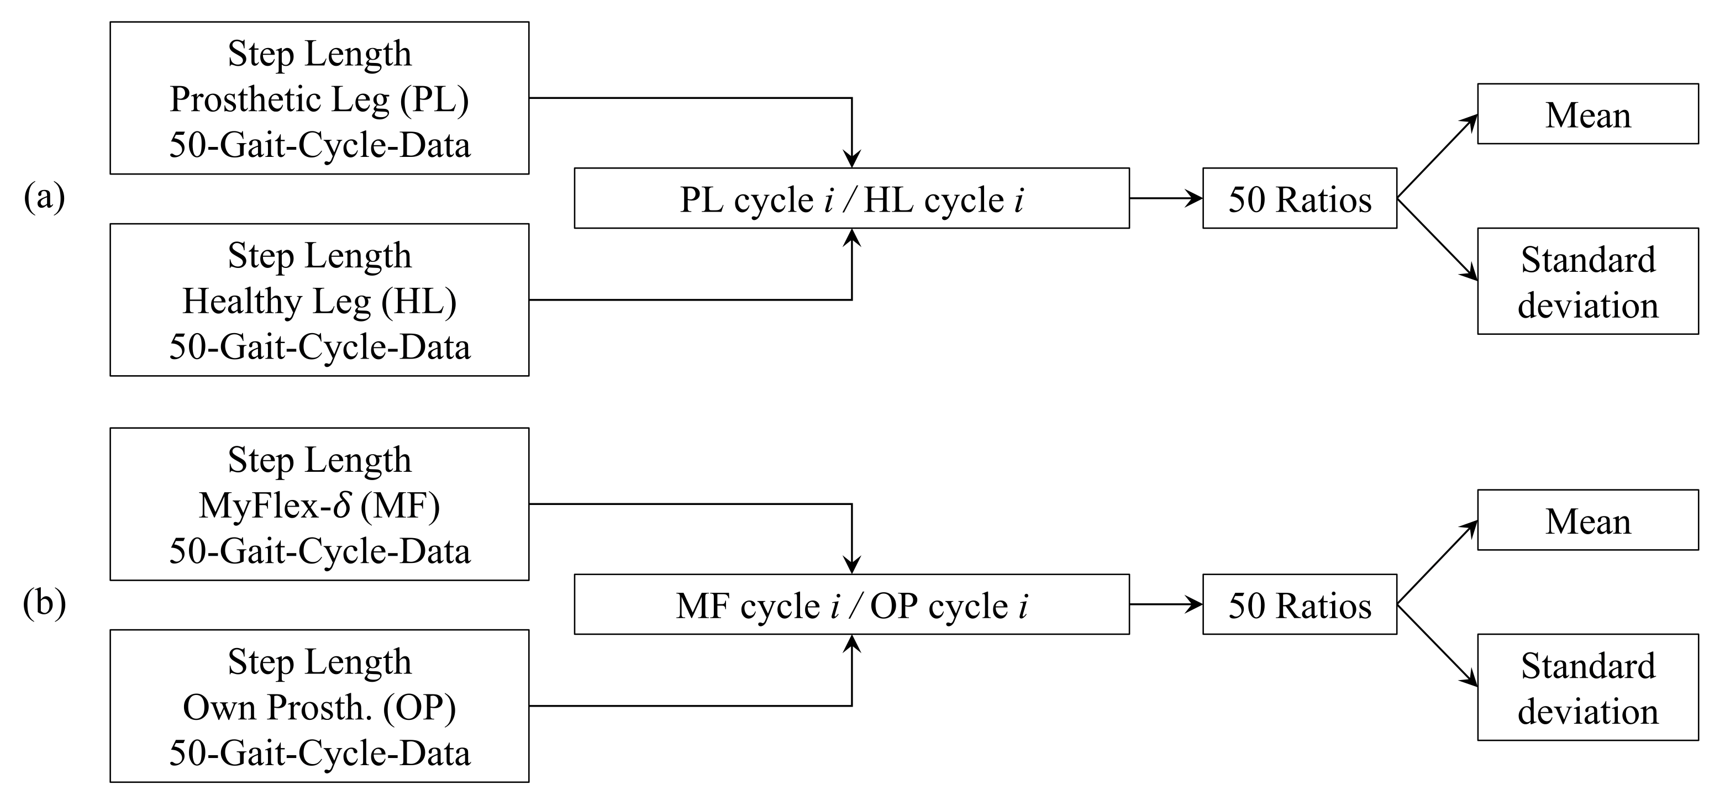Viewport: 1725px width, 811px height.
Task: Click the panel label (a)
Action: coord(44,198)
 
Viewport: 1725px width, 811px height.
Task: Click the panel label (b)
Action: coord(44,604)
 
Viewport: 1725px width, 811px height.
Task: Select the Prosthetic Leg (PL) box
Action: coord(319,98)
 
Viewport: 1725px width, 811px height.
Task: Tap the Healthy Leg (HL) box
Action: coord(319,300)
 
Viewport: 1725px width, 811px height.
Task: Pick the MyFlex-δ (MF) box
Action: coord(319,504)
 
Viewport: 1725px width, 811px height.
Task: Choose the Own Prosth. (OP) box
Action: coord(319,706)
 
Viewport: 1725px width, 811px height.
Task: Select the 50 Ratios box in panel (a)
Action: coord(1299,199)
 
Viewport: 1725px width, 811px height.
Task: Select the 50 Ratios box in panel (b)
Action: coord(1299,605)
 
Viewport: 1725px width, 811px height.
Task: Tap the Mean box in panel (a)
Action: coord(1588,114)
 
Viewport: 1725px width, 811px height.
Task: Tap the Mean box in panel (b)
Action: coord(1588,520)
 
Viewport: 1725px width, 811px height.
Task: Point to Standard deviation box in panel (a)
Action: coord(1588,281)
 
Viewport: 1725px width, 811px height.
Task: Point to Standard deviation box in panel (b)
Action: coord(1588,688)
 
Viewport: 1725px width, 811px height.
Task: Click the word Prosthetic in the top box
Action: coord(245,100)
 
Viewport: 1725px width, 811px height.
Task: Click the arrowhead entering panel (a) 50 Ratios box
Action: coord(1195,199)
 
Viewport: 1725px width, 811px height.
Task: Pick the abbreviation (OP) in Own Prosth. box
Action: coord(420,708)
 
